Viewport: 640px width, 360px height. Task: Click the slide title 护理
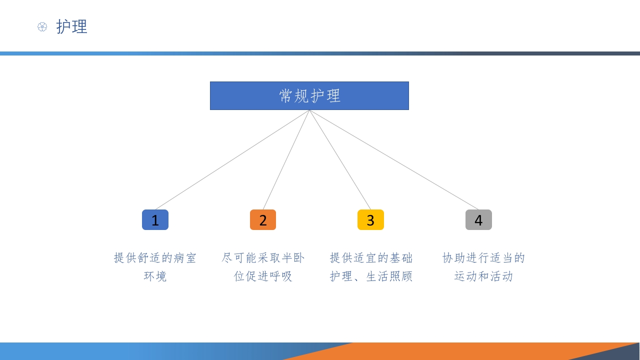pos(71,26)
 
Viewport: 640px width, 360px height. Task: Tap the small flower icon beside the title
pos(42,27)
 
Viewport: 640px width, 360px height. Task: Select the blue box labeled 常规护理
pos(309,95)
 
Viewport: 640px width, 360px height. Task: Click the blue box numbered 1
pos(155,220)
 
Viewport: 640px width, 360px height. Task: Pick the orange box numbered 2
pos(263,220)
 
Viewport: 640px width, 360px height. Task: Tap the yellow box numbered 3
pos(370,220)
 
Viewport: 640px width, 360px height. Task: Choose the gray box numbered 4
pos(478,220)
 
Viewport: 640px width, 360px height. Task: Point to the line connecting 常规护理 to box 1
pos(232,160)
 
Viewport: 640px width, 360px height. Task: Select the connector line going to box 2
pos(286,160)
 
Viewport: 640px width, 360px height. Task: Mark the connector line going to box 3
pos(340,160)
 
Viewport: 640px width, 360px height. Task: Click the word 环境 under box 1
pos(155,276)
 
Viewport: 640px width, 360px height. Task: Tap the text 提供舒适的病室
pos(155,258)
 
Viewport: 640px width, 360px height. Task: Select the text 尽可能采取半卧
pos(263,258)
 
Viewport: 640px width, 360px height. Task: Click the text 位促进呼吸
pos(263,276)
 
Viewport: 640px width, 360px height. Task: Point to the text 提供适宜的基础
pos(371,258)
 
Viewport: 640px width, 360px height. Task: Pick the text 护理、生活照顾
pos(371,276)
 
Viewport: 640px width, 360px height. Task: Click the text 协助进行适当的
pos(483,258)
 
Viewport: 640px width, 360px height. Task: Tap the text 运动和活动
pos(483,276)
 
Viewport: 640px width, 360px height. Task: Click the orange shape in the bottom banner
pos(450,351)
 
